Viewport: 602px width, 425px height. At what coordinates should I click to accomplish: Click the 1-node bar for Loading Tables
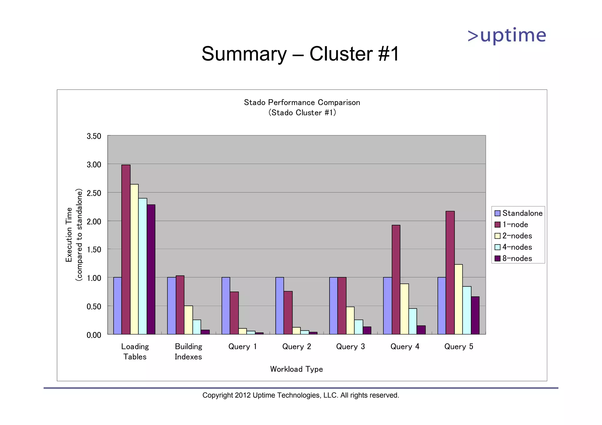[126, 249]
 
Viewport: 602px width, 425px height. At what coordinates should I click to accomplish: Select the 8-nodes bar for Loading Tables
[151, 269]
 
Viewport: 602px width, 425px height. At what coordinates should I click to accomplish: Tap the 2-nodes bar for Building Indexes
[188, 320]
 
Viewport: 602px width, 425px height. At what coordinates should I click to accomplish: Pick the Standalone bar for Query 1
[226, 306]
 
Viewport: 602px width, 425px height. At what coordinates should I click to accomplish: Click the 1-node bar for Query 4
[396, 279]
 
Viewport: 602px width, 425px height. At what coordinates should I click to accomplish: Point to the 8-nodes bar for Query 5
[475, 316]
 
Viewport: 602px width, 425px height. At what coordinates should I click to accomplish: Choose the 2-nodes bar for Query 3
[350, 321]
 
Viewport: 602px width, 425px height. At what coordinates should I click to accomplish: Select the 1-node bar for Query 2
[288, 313]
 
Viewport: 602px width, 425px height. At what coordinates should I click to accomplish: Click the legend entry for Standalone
[519, 213]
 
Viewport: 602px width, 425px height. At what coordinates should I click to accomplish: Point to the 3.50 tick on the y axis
[94, 136]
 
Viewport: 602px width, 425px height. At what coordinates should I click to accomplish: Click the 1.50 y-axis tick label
[94, 250]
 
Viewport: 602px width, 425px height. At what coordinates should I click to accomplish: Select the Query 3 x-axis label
[350, 347]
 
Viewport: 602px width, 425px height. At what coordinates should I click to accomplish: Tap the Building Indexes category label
[188, 352]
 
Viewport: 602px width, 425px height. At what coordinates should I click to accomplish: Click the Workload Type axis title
[296, 369]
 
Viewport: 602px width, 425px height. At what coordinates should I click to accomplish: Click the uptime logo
[507, 36]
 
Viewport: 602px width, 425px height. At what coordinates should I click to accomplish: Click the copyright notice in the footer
[301, 395]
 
